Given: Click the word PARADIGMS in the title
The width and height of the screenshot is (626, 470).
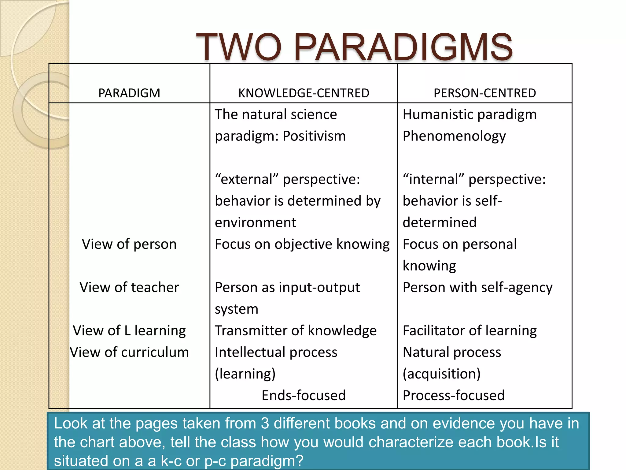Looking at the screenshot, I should click(403, 47).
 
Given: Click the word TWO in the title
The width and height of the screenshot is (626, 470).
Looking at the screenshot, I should click(238, 47).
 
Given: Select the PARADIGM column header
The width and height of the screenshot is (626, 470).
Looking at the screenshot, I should click(129, 93).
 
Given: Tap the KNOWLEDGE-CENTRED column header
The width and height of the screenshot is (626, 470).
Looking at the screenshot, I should click(304, 93).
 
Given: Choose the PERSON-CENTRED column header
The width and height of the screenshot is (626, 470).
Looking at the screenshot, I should click(484, 93).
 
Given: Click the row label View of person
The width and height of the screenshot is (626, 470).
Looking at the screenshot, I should click(129, 244).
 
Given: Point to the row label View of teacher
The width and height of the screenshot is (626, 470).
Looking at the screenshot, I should click(129, 287).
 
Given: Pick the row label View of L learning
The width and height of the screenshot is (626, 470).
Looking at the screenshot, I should click(129, 331).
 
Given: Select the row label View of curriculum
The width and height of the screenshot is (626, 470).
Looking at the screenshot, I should click(129, 352).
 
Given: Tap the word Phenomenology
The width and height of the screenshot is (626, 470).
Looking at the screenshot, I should click(454, 136).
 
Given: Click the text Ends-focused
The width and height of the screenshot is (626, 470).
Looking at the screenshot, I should click(304, 395).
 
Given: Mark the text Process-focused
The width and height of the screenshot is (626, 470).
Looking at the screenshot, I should click(453, 395).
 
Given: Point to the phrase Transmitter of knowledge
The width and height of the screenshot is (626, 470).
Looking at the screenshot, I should click(296, 331).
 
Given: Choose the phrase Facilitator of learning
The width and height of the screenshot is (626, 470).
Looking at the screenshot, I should click(469, 331).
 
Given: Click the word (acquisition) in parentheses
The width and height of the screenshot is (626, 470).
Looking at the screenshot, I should click(441, 374).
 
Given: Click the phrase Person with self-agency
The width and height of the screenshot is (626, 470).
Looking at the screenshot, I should click(477, 287).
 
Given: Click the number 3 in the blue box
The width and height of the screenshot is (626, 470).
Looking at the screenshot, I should click(265, 424).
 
